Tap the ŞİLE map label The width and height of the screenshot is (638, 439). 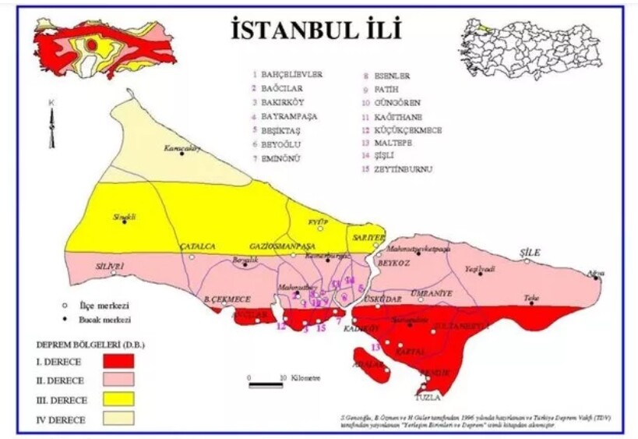[530, 253]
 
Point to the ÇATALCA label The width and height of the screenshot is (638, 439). [198, 246]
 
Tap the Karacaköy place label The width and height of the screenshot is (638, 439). [182, 147]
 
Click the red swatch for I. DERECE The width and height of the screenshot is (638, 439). [118, 360]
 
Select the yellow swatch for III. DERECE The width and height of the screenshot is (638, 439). [118, 398]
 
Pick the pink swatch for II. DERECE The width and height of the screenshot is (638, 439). [118, 380]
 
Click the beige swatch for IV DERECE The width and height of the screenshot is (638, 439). [118, 419]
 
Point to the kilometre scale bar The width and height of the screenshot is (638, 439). [266, 384]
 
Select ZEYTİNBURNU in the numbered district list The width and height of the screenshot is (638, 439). [404, 169]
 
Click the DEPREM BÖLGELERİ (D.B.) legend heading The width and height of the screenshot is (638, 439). [90, 343]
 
